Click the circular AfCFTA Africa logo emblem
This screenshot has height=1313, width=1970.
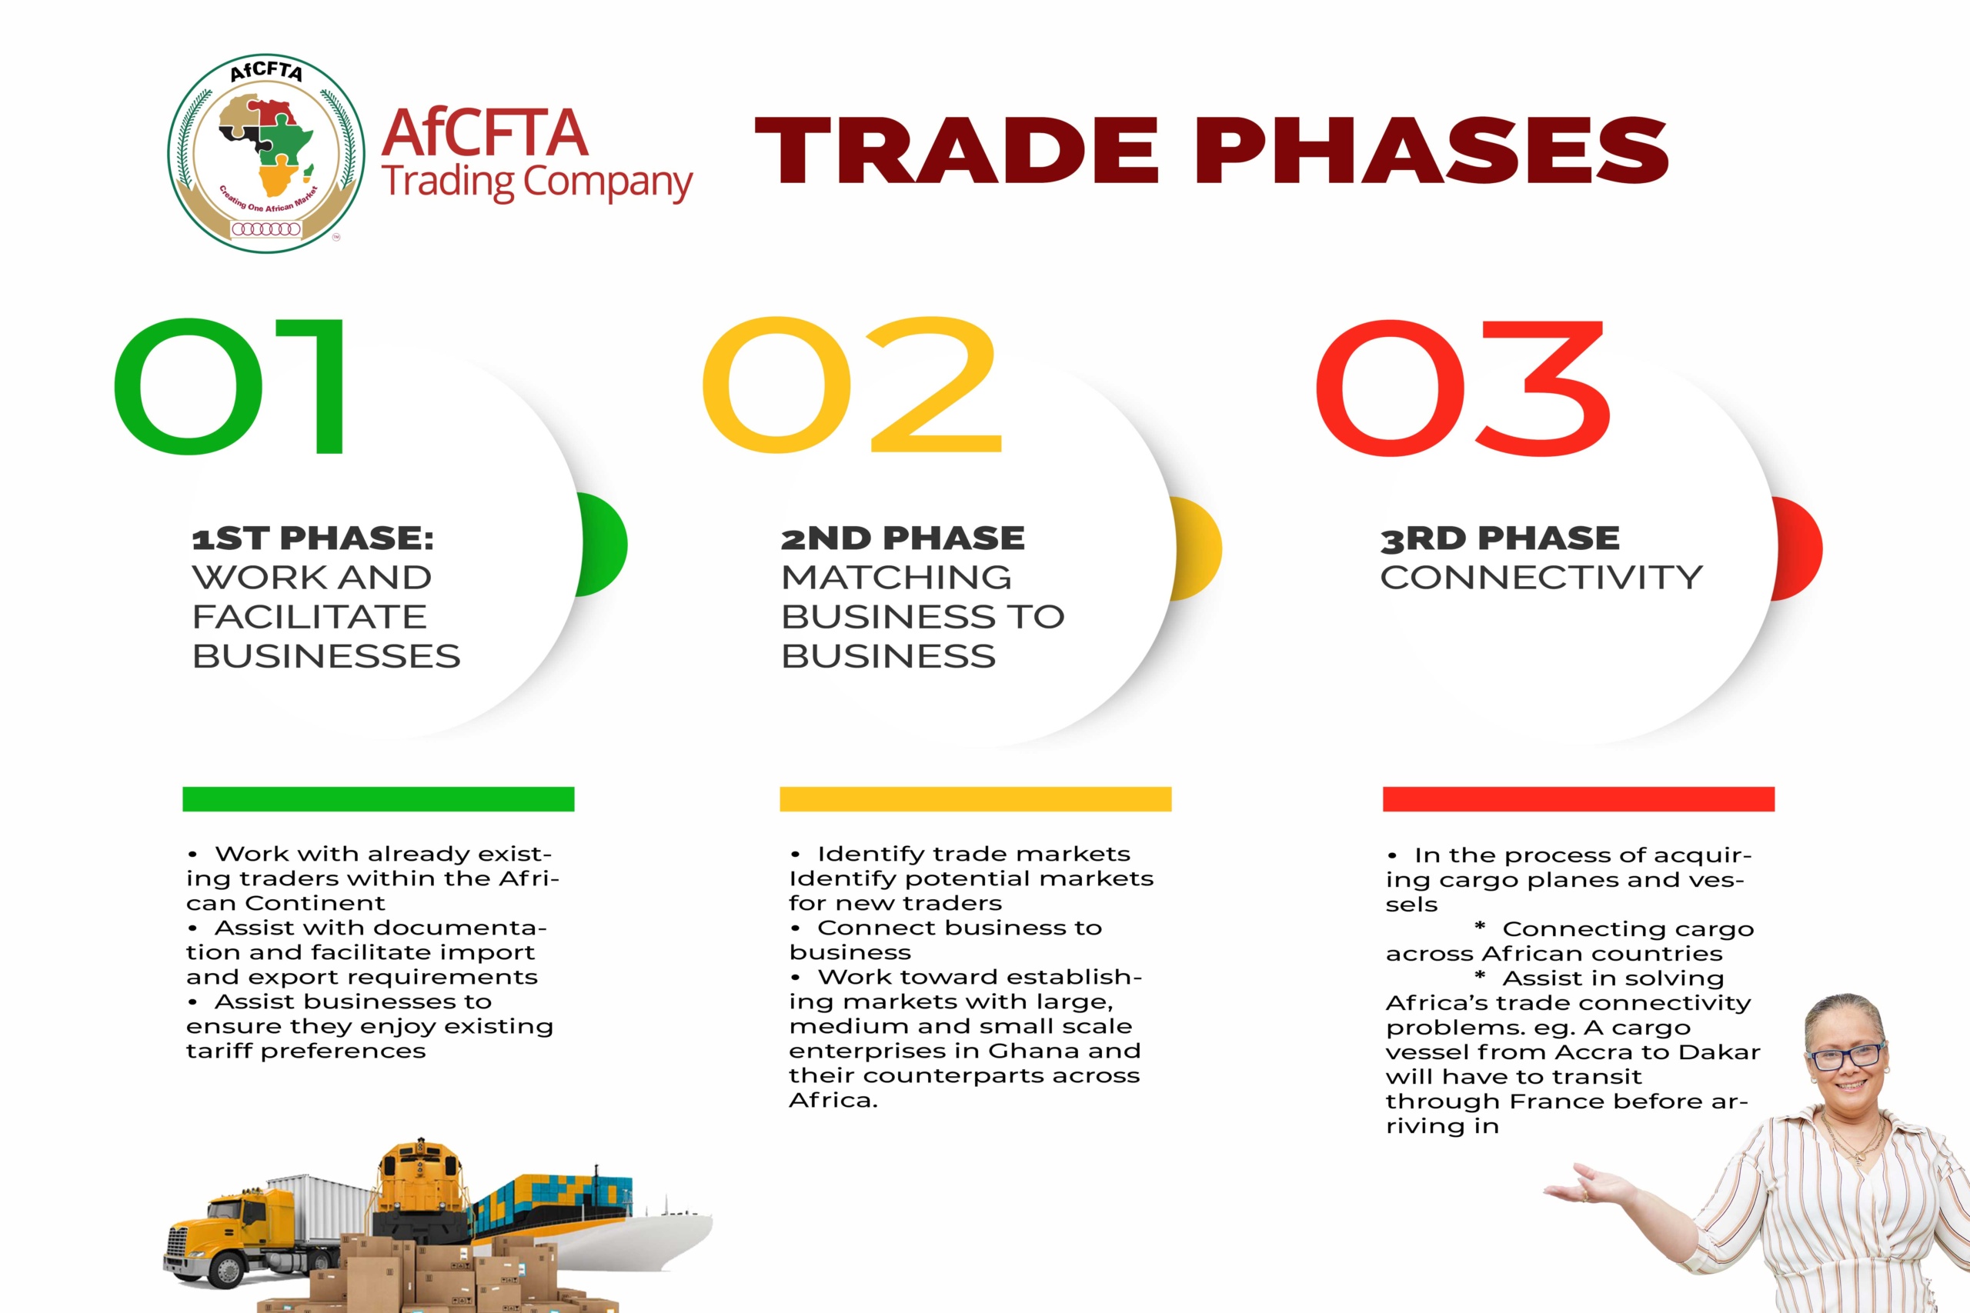(266, 154)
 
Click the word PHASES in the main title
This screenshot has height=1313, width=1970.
(1431, 150)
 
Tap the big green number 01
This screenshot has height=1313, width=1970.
(229, 386)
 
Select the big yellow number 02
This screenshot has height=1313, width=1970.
(852, 385)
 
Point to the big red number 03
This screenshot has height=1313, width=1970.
(1462, 388)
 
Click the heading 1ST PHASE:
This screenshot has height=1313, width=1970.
(313, 538)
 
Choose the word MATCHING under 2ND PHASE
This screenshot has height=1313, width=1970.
(897, 577)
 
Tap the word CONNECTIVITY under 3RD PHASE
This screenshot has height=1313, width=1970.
(1541, 577)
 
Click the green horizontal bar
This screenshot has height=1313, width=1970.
(379, 799)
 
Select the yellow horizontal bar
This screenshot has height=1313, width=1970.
(975, 799)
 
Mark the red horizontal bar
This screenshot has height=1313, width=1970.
(1578, 799)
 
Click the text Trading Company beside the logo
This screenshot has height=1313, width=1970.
(538, 182)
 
